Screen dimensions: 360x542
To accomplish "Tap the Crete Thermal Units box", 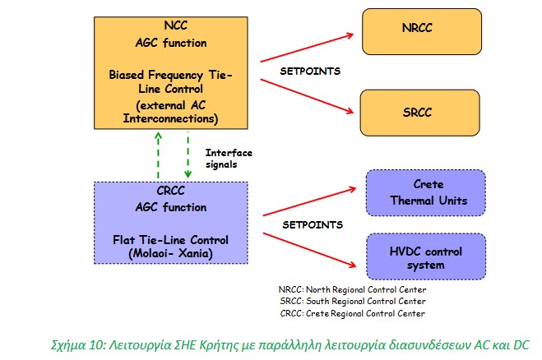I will tap(428, 192).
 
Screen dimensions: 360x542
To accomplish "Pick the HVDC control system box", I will tap(428, 257).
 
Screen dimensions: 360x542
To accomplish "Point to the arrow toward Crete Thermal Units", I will tap(311, 202).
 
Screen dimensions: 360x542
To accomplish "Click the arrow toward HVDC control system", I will tap(311, 243).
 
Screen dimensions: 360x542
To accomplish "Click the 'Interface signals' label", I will tap(229, 158).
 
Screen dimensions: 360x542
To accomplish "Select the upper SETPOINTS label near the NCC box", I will tap(310, 71).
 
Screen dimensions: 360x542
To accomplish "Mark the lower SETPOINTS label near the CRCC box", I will tap(310, 224).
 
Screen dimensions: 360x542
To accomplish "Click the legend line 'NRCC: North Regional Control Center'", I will tap(352, 288).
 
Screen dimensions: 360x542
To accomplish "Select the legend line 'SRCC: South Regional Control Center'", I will tap(352, 301).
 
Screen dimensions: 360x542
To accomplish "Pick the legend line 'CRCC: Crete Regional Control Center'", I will tap(352, 313).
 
